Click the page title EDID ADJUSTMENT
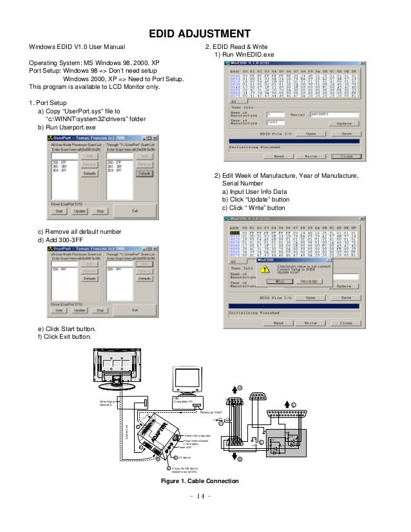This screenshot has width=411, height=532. coord(205,33)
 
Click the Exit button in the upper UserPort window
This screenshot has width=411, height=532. coord(135,210)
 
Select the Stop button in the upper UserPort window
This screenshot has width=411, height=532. coord(100,210)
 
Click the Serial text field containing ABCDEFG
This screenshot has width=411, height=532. coord(330,114)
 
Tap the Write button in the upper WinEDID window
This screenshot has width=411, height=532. coord(311,156)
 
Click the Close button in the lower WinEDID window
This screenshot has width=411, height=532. coord(346,323)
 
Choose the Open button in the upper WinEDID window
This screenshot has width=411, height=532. coord(311,133)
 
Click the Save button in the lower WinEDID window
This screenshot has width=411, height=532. coord(346,298)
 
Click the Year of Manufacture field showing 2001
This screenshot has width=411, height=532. coord(280,122)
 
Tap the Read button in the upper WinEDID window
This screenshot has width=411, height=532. coord(278,156)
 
